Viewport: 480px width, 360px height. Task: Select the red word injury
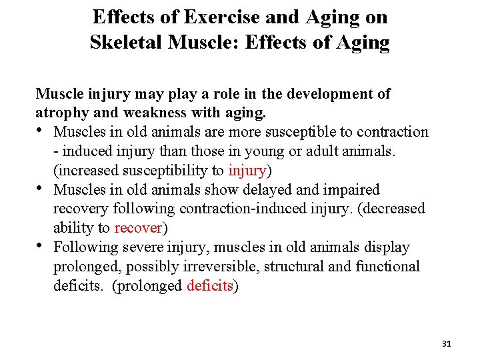click(247, 170)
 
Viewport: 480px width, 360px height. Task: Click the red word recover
click(138, 228)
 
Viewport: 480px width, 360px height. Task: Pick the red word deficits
click(209, 286)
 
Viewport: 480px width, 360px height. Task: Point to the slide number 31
click(447, 343)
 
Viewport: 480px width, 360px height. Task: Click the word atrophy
click(60, 113)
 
